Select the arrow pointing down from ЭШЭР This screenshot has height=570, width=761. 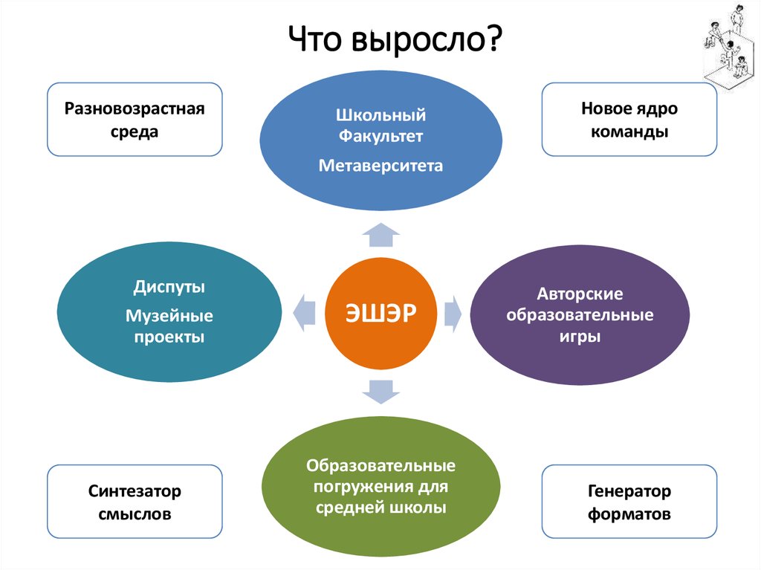pyautogui.click(x=380, y=390)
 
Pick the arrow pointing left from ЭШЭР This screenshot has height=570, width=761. pyautogui.click(x=303, y=312)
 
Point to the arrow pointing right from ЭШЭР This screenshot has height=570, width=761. pyautogui.click(x=453, y=312)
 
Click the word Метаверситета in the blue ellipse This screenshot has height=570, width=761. pyautogui.click(x=380, y=165)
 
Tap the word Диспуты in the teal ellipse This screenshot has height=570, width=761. pyautogui.click(x=169, y=286)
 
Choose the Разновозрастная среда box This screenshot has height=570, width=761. pyautogui.click(x=135, y=120)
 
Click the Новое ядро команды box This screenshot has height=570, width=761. pyautogui.click(x=629, y=120)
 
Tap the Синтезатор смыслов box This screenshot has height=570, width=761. pyautogui.click(x=135, y=502)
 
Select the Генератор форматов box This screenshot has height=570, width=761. pyautogui.click(x=629, y=502)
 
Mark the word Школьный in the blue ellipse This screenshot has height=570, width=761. pyautogui.click(x=380, y=115)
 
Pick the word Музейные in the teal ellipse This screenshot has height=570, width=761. pyautogui.click(x=169, y=317)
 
